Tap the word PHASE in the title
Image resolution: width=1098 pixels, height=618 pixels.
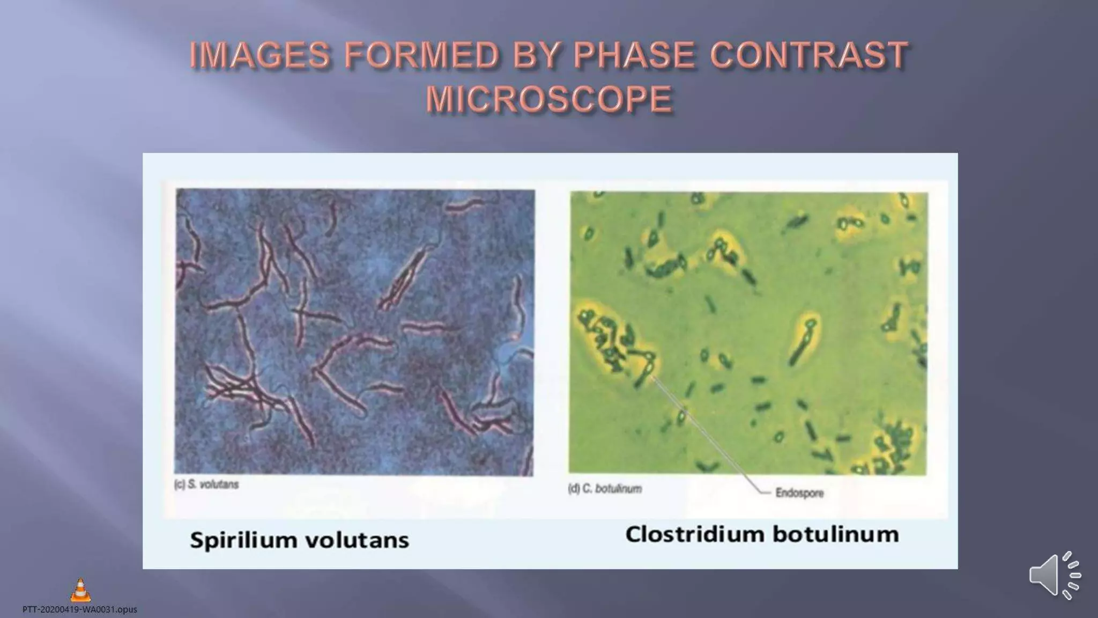[x=634, y=55]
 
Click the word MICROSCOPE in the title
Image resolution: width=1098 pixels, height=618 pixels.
[x=549, y=99]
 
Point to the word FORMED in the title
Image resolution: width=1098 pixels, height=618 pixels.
[x=421, y=55]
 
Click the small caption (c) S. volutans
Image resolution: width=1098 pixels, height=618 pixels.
[x=206, y=484]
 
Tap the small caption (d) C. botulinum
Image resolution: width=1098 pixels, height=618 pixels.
[x=605, y=489]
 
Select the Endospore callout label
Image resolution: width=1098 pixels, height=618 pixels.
[x=799, y=492]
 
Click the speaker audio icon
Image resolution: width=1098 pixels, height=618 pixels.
[x=1054, y=575]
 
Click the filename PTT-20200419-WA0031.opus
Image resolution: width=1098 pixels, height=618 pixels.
[x=79, y=609]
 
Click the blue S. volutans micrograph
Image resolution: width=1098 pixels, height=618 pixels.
[x=354, y=332]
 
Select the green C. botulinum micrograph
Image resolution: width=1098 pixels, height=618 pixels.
[x=748, y=333]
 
